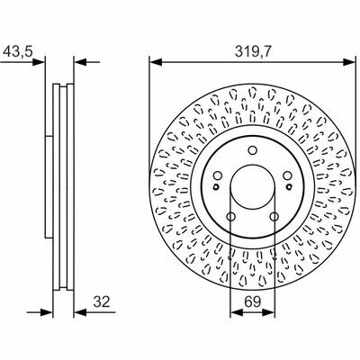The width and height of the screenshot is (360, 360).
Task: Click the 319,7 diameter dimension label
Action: point(253,51)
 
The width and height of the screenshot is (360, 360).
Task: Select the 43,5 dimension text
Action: point(17,51)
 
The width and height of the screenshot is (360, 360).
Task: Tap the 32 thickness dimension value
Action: point(102,301)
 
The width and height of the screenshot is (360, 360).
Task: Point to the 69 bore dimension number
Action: point(252,301)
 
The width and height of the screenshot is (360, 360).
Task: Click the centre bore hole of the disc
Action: point(253,187)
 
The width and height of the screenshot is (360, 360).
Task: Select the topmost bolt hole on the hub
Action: point(253,150)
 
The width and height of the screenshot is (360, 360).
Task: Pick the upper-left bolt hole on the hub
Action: point(218,175)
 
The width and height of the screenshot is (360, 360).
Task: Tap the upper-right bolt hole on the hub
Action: point(288,175)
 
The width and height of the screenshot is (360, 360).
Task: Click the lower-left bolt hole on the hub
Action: point(231,216)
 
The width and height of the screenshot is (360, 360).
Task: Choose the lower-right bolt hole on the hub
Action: point(274,216)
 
